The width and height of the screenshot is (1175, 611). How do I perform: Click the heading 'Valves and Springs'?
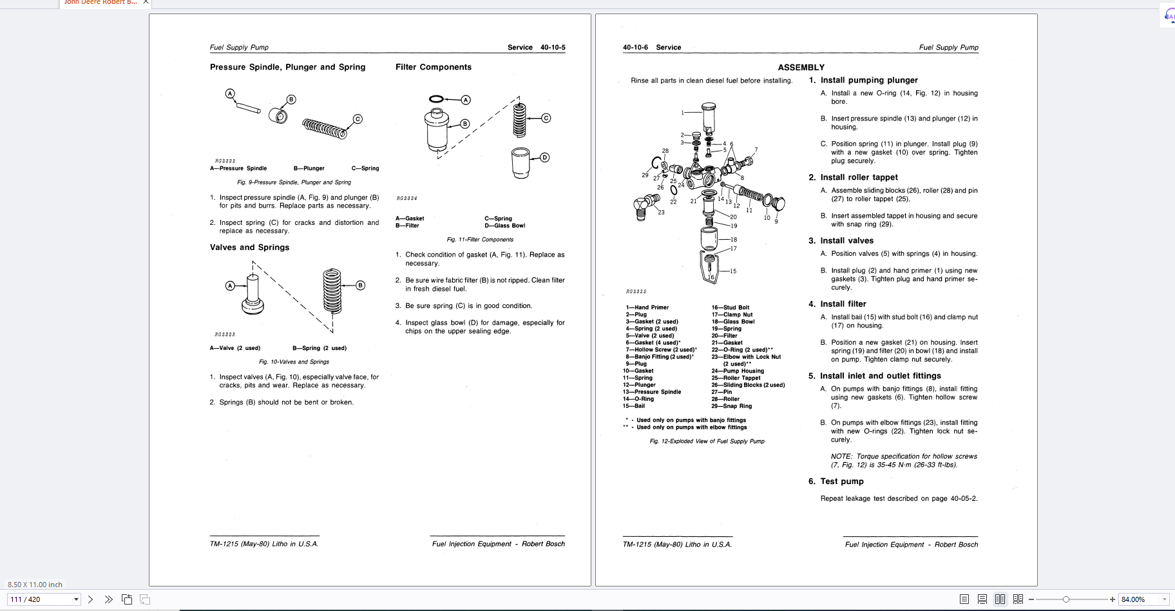pyautogui.click(x=249, y=247)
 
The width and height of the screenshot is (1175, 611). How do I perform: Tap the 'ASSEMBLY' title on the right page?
pyautogui.click(x=801, y=68)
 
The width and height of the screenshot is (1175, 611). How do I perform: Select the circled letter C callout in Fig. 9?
pyautogui.click(x=358, y=119)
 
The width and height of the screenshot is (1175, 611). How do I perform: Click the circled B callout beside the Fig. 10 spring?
pyautogui.click(x=360, y=286)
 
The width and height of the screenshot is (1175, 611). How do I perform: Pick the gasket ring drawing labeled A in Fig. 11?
pyautogui.click(x=436, y=99)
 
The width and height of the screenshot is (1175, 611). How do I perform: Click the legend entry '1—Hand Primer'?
pyautogui.click(x=647, y=307)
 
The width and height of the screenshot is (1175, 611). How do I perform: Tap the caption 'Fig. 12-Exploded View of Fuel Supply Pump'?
pyautogui.click(x=707, y=441)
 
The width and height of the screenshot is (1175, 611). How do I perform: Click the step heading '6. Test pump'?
pyautogui.click(x=836, y=481)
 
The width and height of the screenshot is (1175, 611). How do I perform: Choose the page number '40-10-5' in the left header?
pyautogui.click(x=553, y=48)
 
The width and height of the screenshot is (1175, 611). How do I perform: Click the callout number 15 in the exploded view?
pyautogui.click(x=733, y=271)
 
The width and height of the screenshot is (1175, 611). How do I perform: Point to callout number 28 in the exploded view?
pyautogui.click(x=665, y=151)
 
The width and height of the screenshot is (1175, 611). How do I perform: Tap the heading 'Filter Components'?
pyautogui.click(x=434, y=67)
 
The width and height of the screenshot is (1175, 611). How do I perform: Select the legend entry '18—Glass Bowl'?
pyautogui.click(x=733, y=322)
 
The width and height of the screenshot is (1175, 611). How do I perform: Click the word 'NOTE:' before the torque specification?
pyautogui.click(x=841, y=456)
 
